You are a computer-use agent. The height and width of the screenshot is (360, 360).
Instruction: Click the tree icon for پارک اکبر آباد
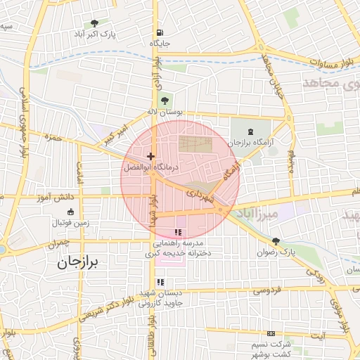[94, 22]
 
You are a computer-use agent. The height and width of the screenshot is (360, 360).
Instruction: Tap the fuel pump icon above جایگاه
[160, 32]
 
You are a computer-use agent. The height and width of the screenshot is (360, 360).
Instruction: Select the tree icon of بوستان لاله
[165, 99]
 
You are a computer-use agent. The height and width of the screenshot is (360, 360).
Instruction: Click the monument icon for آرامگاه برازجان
[251, 131]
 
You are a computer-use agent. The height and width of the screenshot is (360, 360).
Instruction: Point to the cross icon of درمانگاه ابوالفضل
[150, 155]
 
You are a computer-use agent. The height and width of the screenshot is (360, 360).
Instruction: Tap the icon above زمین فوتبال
[70, 212]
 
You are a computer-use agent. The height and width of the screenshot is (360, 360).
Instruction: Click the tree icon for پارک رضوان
[275, 240]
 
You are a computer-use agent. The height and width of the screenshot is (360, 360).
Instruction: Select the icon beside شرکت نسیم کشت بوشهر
[271, 334]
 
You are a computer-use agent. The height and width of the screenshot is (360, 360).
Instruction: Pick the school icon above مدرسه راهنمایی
[177, 232]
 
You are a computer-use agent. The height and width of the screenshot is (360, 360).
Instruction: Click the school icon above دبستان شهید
[160, 282]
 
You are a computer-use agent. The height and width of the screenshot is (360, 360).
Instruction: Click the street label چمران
[59, 245]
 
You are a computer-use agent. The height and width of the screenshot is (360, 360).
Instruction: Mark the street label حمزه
[53, 138]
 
